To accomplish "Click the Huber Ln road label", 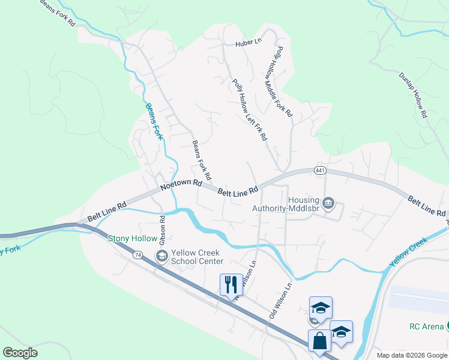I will coord(249,43).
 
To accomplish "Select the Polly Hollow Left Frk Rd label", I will coord(249,110).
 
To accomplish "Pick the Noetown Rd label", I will coord(181,187).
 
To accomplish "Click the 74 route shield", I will coord(138,255).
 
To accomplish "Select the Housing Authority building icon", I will coord(328,204).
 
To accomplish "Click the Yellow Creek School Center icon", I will coord(161,256).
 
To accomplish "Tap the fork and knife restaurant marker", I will coord(229,284).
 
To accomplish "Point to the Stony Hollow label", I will coord(132,238).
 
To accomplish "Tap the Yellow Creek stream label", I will coord(408,253).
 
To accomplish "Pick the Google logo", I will coord(20,353).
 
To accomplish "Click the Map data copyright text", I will coord(412,355).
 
